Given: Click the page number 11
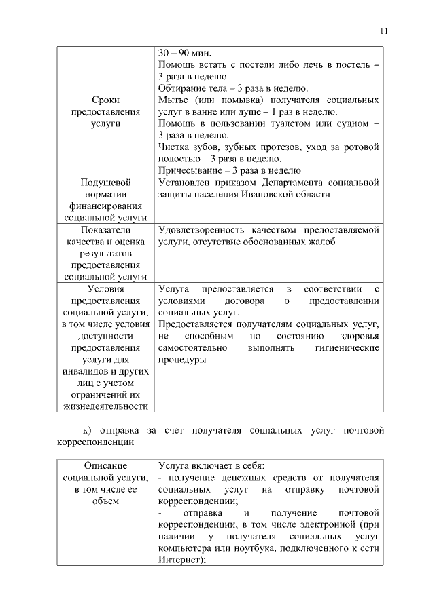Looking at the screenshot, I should pyautogui.click(x=384, y=30).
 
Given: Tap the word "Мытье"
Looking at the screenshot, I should pyautogui.click(x=171, y=100).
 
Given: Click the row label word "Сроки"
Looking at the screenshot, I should pyautogui.click(x=105, y=100).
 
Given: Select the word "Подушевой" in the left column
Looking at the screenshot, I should pyautogui.click(x=105, y=183).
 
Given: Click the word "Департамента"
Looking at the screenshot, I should pyautogui.click(x=298, y=183).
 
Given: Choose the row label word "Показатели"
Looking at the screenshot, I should pyautogui.click(x=105, y=231).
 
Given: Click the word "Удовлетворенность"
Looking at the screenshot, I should pyautogui.click(x=203, y=231).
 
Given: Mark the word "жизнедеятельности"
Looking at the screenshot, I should pyautogui.click(x=105, y=406).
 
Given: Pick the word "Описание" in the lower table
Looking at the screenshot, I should pyautogui.click(x=105, y=467).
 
